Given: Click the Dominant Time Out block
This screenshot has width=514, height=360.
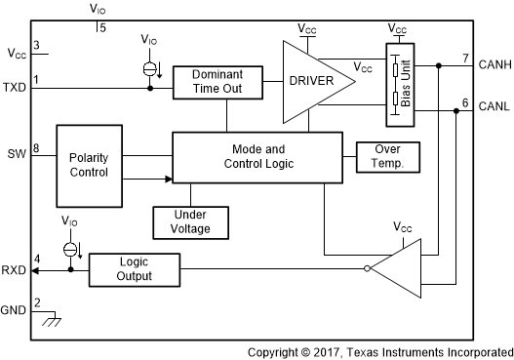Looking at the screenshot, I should click(x=217, y=82).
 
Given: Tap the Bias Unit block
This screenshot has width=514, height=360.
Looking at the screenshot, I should click(x=397, y=83).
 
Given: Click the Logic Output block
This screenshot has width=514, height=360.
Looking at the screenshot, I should click(x=135, y=268).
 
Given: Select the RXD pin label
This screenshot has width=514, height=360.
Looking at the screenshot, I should click(x=16, y=269).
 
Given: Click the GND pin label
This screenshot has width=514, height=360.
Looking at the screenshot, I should click(x=16, y=310).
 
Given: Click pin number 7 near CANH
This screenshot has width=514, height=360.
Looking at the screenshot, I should click(x=465, y=58).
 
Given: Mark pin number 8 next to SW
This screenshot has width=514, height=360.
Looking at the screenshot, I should click(x=36, y=149).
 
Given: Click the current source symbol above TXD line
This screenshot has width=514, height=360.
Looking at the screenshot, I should click(x=149, y=69).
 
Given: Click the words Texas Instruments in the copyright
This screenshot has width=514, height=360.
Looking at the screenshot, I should click(x=409, y=351).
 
